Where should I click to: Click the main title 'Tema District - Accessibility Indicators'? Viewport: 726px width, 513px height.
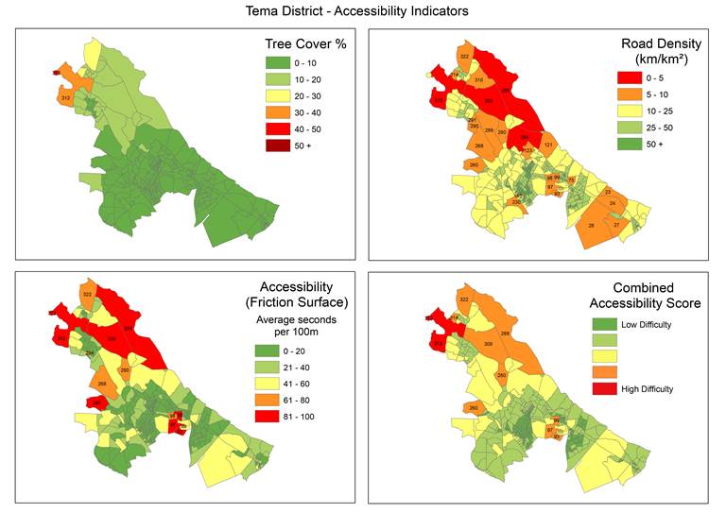click(363, 10)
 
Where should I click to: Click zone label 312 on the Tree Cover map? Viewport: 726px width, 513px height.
click(65, 98)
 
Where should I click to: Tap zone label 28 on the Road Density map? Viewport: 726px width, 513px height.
click(591, 225)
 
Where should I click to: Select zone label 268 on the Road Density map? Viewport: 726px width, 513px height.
click(479, 145)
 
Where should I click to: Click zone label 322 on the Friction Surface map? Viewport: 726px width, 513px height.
click(87, 296)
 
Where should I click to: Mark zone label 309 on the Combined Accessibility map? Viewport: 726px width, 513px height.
click(489, 344)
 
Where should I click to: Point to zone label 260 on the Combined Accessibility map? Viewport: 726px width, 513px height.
click(473, 408)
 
